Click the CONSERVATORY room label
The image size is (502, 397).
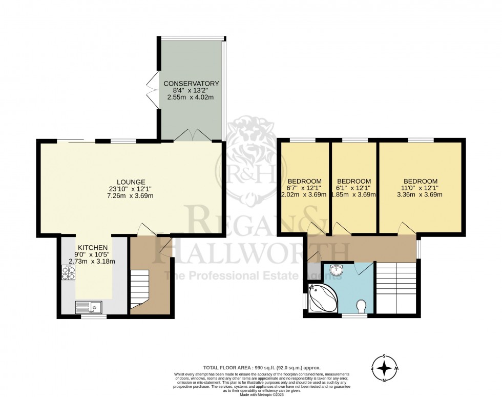tap(191, 84)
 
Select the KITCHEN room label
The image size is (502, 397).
tap(93, 247)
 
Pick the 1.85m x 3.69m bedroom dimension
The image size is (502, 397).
tap(354, 194)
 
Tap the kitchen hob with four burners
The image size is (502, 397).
tap(69, 272)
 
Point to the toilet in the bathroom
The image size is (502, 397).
tap(362, 306)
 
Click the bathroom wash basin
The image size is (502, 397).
tap(336, 269)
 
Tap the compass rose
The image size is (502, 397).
tap(384, 368)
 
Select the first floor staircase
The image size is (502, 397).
tap(397, 287)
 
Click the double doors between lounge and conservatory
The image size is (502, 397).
tap(191, 135)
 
